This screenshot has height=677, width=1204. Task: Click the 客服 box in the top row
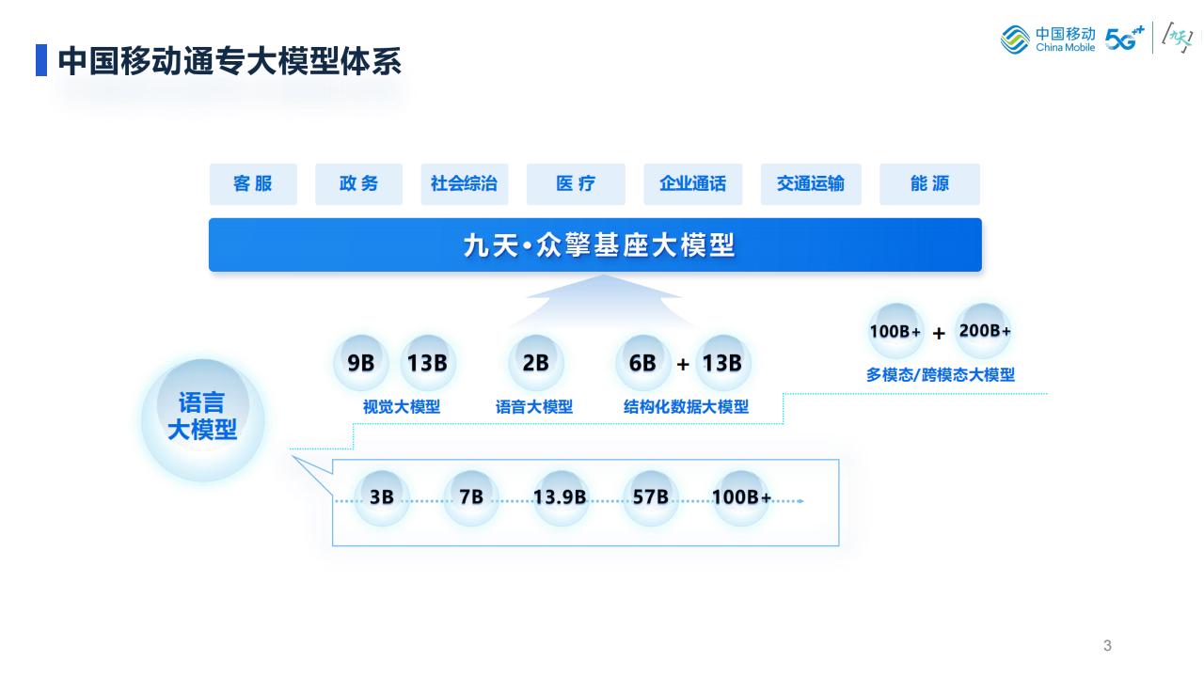coord(253,184)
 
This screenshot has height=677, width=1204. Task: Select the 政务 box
coord(358,184)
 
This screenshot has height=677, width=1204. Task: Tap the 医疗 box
coord(576,184)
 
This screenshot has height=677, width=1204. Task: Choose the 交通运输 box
coord(810,184)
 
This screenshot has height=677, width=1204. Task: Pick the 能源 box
coord(929,184)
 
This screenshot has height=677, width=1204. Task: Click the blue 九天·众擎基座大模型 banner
coord(594,245)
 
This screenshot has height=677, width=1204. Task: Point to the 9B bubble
coord(360,363)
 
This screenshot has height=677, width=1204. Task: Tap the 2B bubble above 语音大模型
coord(535,363)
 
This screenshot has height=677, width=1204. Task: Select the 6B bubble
coord(642,363)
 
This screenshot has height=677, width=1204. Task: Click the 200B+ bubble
coord(984,331)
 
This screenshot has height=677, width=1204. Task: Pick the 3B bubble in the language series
coord(382,497)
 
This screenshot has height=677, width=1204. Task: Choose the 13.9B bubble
coord(560,497)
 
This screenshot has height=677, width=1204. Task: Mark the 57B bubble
coord(650,497)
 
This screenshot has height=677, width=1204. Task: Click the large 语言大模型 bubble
coord(202,417)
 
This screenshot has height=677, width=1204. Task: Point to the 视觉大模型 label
coord(402,407)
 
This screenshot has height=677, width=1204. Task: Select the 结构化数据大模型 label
coord(687,407)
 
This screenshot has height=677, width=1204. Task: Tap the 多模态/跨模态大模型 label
coord(941,374)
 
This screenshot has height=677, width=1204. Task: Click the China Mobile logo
coord(1048,39)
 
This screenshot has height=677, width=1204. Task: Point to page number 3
coord(1107,645)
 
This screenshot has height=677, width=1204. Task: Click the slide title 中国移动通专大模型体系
coord(230,61)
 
